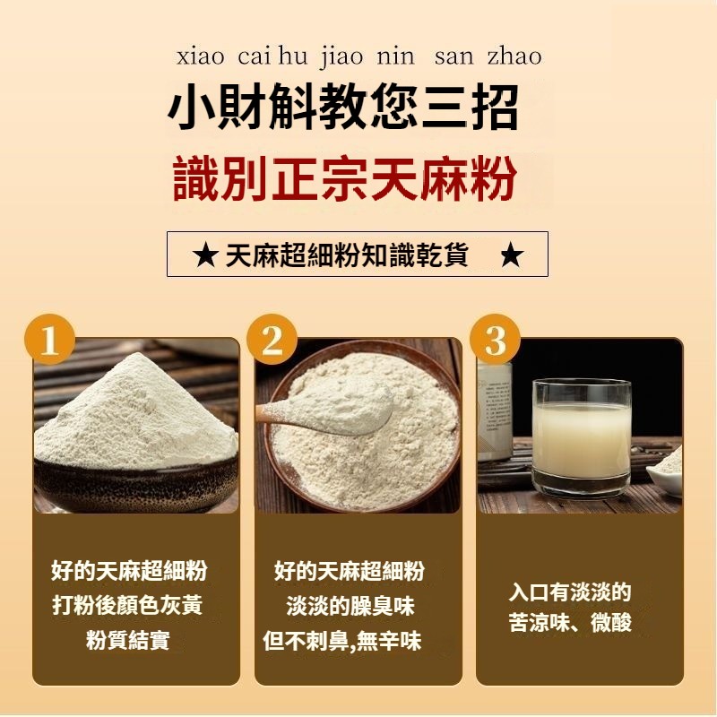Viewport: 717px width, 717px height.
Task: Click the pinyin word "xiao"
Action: pos(200,57)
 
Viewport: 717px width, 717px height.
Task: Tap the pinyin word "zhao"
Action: pos(514,57)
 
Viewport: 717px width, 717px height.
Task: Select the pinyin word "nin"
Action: pos(395,57)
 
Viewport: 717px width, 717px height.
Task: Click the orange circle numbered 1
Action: pos(50,341)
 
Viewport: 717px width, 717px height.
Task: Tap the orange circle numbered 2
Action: pos(272,341)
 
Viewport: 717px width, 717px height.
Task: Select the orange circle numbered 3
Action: pos(495,341)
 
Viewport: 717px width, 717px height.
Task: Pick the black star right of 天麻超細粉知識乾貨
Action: pos(512,255)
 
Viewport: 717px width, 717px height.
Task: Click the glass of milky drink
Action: pos(582,436)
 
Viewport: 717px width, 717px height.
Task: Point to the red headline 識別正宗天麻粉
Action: pos(346,178)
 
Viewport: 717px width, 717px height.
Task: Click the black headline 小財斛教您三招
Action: pos(344,108)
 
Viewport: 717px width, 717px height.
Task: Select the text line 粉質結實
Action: pos(128,640)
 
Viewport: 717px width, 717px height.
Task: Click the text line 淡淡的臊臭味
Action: pos(350,607)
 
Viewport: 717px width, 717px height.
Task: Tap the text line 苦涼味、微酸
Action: pos(570,622)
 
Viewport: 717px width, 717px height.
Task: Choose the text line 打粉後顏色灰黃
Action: pos(127,606)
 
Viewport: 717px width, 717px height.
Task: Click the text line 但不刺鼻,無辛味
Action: pos(342,641)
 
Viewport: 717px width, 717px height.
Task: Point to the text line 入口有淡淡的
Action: pos(570,592)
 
